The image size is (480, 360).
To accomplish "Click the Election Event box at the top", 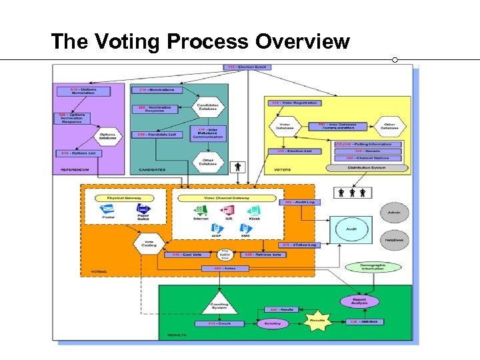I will click(x=247, y=67).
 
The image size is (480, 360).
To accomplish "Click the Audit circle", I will click(x=351, y=229).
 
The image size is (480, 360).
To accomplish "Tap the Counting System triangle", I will click(x=219, y=303).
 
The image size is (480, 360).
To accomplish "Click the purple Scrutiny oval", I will click(x=273, y=323).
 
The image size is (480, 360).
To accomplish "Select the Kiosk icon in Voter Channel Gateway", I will click(x=254, y=210).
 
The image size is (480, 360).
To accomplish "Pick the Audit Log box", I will click(x=300, y=202).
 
